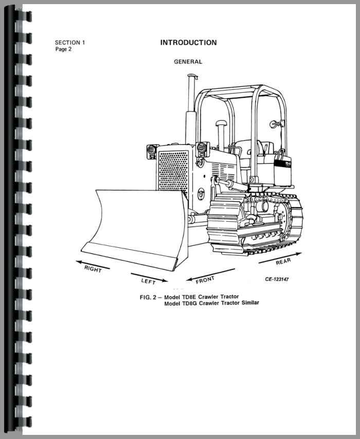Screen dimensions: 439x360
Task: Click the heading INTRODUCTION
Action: [x=188, y=43]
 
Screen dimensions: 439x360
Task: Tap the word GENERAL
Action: [x=188, y=62]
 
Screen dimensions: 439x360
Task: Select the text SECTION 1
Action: [x=70, y=43]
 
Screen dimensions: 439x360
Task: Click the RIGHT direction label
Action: [x=93, y=269]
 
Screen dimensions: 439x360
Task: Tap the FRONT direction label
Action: [x=205, y=281]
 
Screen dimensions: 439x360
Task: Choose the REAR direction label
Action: [x=283, y=262]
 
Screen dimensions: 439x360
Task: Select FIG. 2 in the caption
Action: [x=150, y=297]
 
